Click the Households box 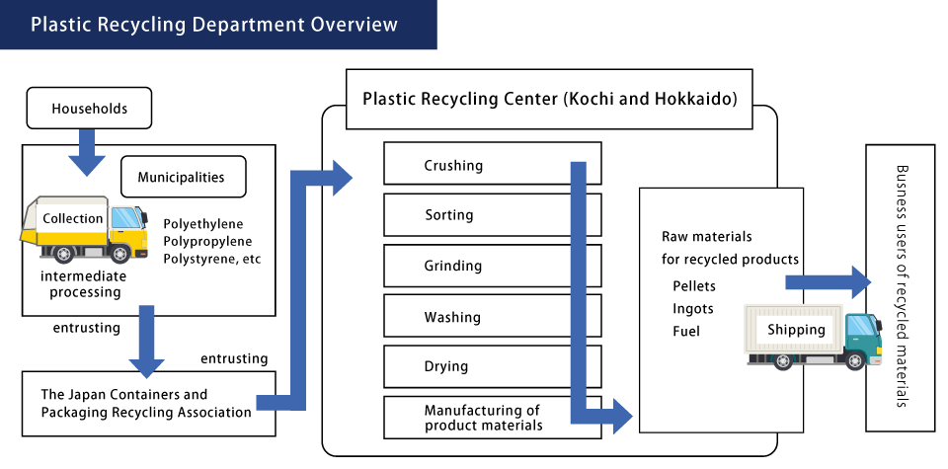click(x=89, y=109)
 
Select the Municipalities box click(x=183, y=178)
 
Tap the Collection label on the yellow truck click(x=73, y=218)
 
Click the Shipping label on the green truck click(x=796, y=330)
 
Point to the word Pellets click(x=694, y=286)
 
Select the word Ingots click(x=692, y=309)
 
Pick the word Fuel click(x=686, y=332)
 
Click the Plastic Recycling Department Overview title click(x=214, y=25)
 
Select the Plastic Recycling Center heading click(x=550, y=99)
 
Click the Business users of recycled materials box click(x=900, y=287)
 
